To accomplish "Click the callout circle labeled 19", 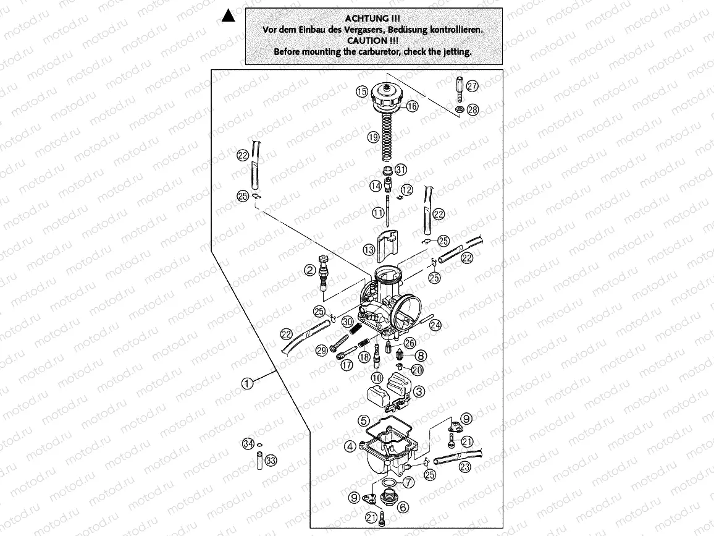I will pos(372,138).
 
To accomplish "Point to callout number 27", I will pos(472,86).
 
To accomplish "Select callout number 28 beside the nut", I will pos(472,110).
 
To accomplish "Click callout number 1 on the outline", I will pos(246,383).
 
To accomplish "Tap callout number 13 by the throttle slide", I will pos(369,250).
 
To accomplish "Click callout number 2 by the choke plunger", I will pos(309,270).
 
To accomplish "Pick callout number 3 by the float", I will pos(419,391).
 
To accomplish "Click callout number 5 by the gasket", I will pos(364,420).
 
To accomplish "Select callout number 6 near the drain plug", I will pos(403,507).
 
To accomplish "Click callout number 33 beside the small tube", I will pos(271,460).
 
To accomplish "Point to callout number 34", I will pos(248,443).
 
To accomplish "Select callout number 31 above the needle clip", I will pos(400,170).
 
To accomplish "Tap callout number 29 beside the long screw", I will pos(321,351).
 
